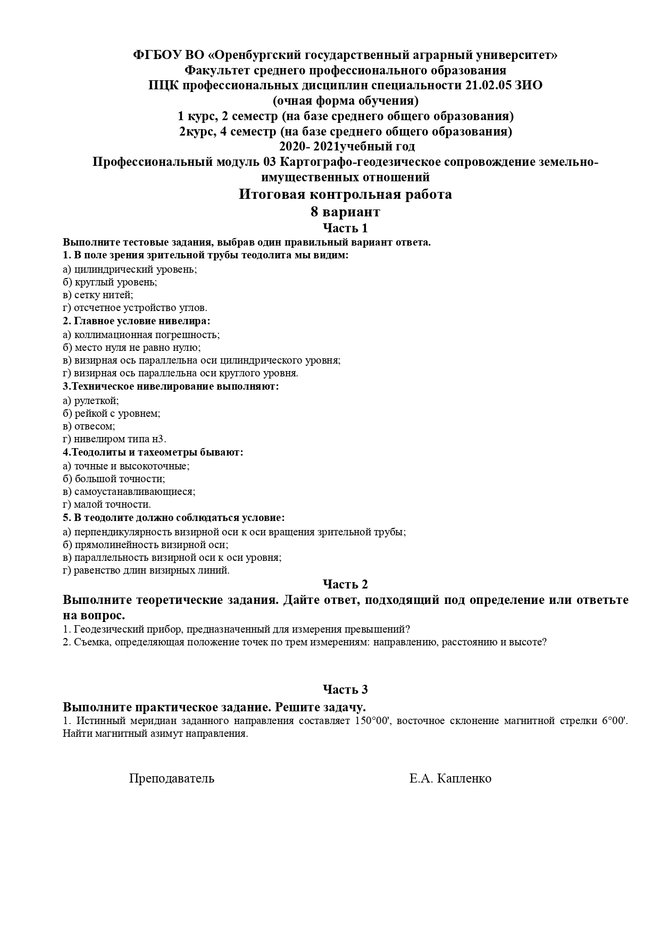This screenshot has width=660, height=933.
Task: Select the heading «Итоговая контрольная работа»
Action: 345,195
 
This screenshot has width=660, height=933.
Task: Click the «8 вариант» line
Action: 345,212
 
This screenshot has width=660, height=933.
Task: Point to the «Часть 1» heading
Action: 345,229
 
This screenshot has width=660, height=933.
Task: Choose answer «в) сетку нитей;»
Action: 98,295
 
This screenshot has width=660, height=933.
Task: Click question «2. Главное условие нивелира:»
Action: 136,321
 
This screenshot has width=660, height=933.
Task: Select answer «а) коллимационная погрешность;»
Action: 141,334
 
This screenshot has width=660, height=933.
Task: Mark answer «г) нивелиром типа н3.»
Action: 114,439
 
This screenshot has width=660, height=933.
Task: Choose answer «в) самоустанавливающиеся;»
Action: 129,492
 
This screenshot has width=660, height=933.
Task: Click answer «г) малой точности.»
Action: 106,505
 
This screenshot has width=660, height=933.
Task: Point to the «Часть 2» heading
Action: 345,584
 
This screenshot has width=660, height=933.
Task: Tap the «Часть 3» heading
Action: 345,690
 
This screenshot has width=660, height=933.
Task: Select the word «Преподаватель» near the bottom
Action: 172,779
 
